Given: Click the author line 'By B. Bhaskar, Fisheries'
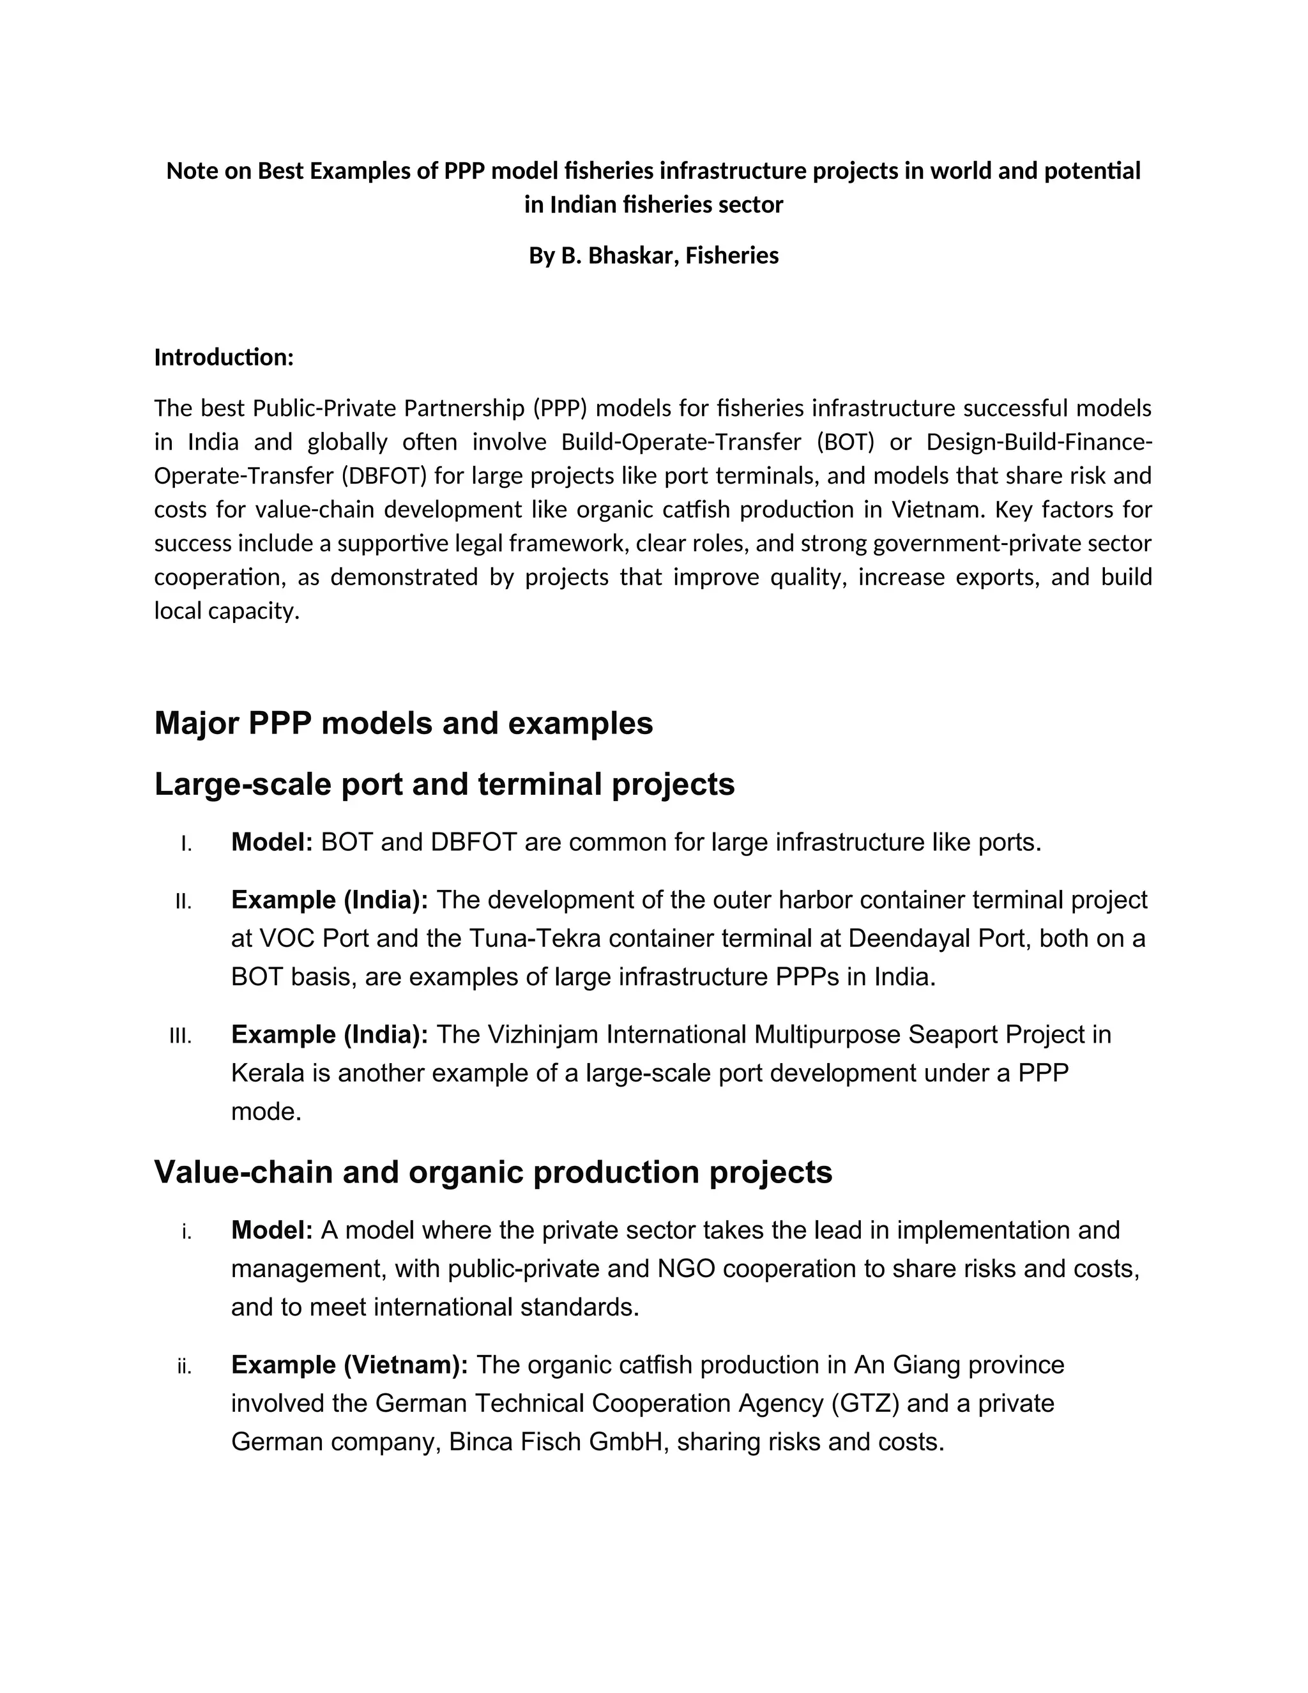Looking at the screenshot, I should click(x=653, y=255).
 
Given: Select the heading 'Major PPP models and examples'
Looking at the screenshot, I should click(x=404, y=723).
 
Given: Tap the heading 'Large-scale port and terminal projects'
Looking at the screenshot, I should click(x=444, y=784).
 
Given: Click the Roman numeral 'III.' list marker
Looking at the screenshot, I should click(x=181, y=1036).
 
